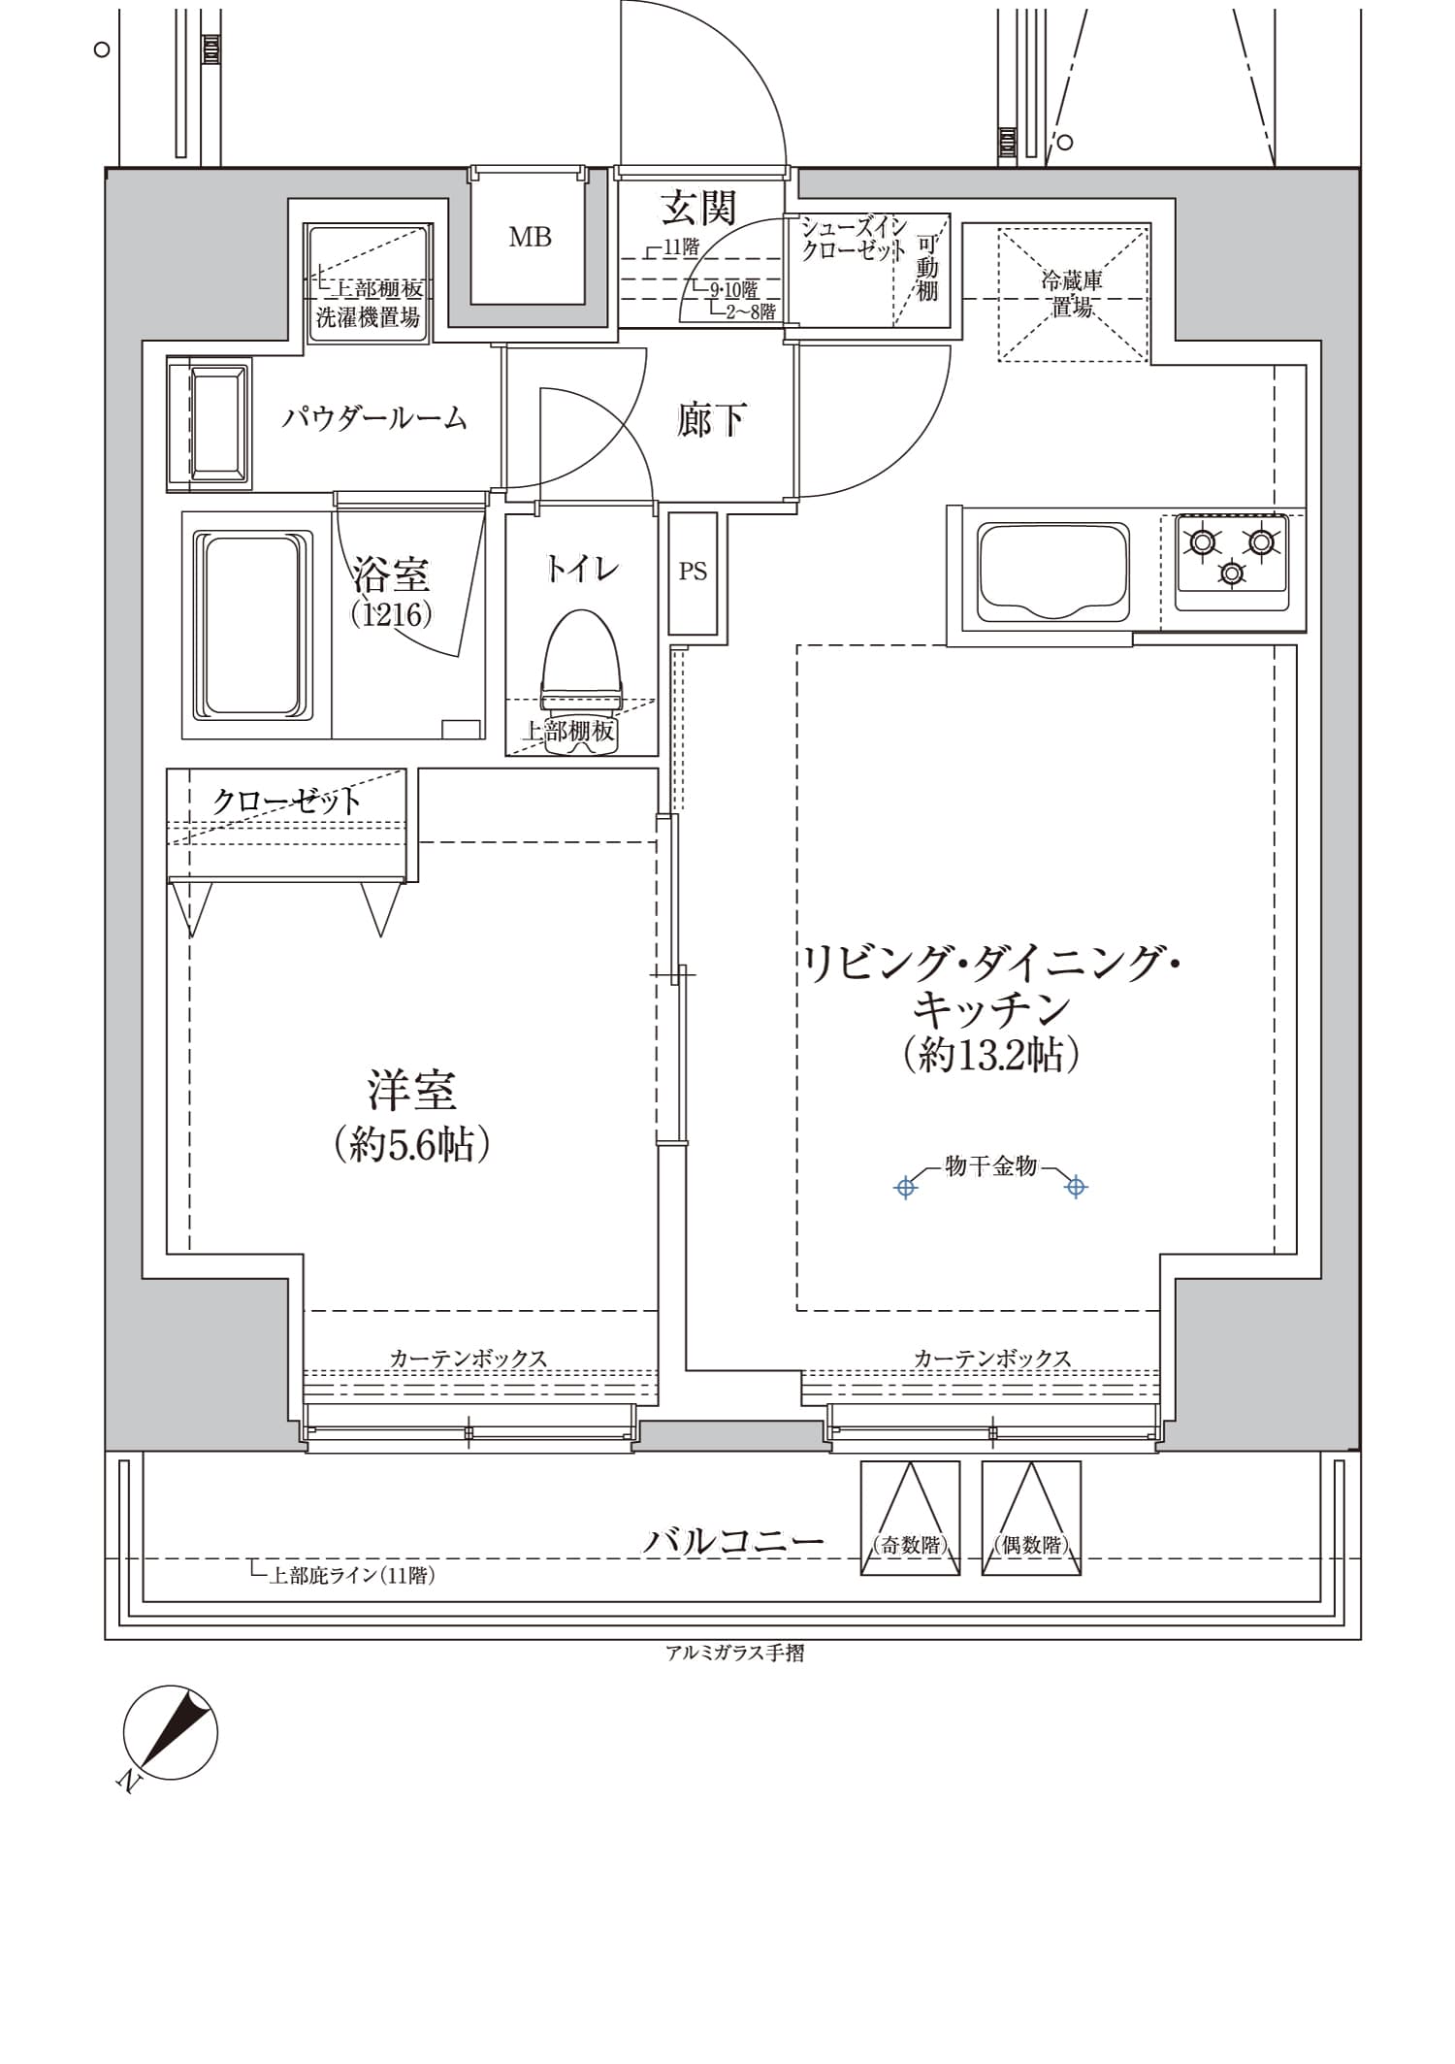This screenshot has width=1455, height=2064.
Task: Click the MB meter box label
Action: (530, 237)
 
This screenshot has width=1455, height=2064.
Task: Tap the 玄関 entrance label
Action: (698, 208)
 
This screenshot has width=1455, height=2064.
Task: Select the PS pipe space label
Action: (693, 572)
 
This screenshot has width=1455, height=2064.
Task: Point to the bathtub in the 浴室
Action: (254, 625)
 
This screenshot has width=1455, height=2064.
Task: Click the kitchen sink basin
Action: (1052, 572)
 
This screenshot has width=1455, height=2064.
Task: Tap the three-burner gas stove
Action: (1232, 562)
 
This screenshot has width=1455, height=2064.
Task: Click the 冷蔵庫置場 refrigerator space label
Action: (1072, 294)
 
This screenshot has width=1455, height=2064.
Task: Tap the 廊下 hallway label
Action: (711, 420)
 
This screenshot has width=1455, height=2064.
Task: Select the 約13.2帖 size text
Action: (990, 1055)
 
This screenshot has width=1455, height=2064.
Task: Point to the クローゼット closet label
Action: (286, 801)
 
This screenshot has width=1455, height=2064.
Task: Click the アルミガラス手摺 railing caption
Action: (734, 1653)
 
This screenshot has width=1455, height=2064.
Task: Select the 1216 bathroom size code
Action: (391, 613)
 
